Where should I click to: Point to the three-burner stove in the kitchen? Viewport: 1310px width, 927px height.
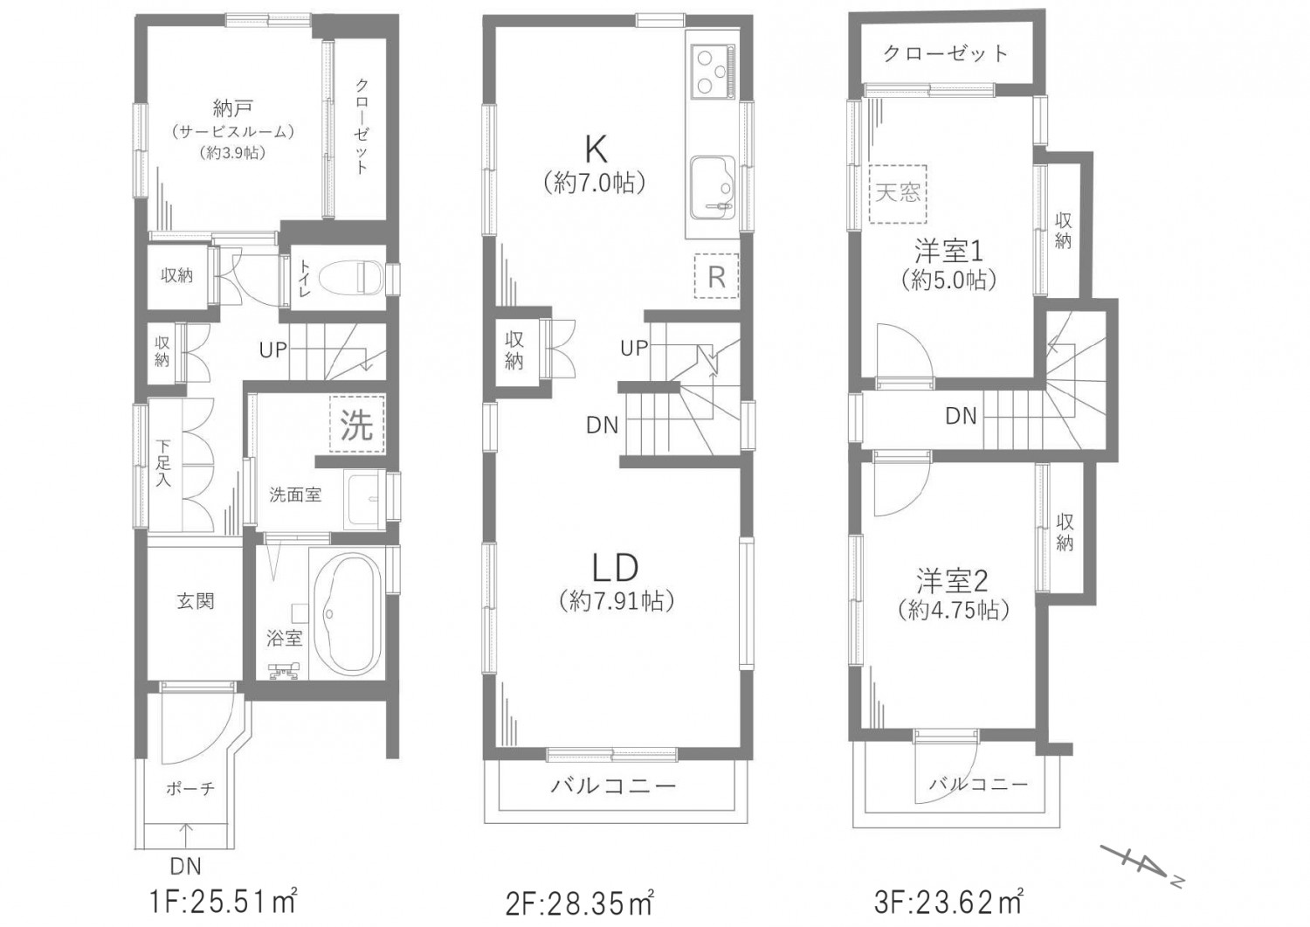(711, 72)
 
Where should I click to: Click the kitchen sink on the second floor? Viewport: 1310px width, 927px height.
(713, 187)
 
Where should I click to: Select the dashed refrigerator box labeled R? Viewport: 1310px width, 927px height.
(716, 275)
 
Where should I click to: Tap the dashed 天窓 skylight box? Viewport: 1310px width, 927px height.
(898, 193)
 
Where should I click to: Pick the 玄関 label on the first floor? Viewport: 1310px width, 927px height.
(196, 601)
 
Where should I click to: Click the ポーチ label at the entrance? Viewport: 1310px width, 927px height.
(190, 788)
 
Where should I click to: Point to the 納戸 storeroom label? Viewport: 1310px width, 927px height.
(232, 108)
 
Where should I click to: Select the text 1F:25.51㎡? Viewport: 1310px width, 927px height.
(224, 902)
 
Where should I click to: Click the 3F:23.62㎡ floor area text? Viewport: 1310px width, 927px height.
(948, 902)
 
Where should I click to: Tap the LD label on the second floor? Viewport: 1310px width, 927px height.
(615, 567)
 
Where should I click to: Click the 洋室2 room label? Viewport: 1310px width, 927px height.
(952, 580)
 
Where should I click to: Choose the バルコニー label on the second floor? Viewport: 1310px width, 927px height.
(612, 785)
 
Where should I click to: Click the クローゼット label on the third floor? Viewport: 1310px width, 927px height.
(946, 54)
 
